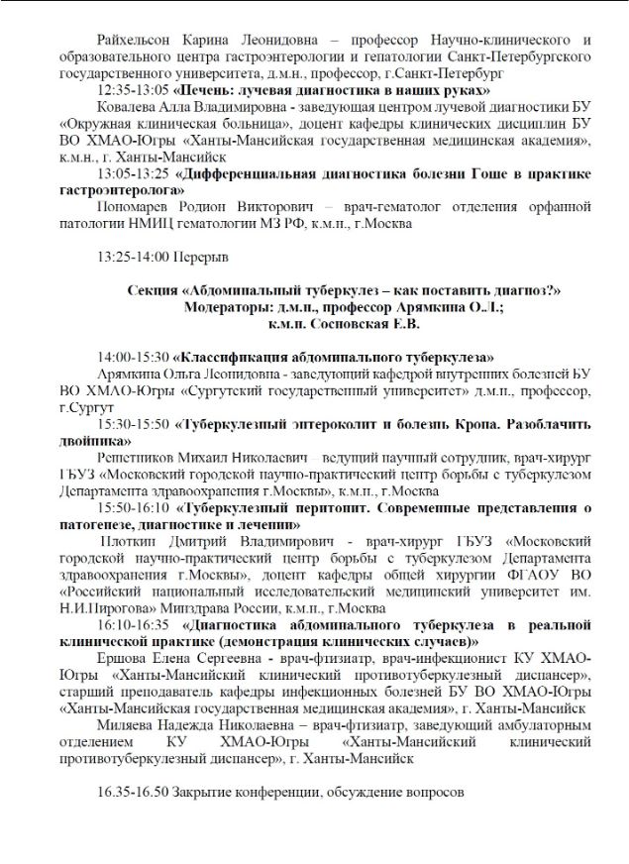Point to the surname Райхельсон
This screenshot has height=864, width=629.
140,41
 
